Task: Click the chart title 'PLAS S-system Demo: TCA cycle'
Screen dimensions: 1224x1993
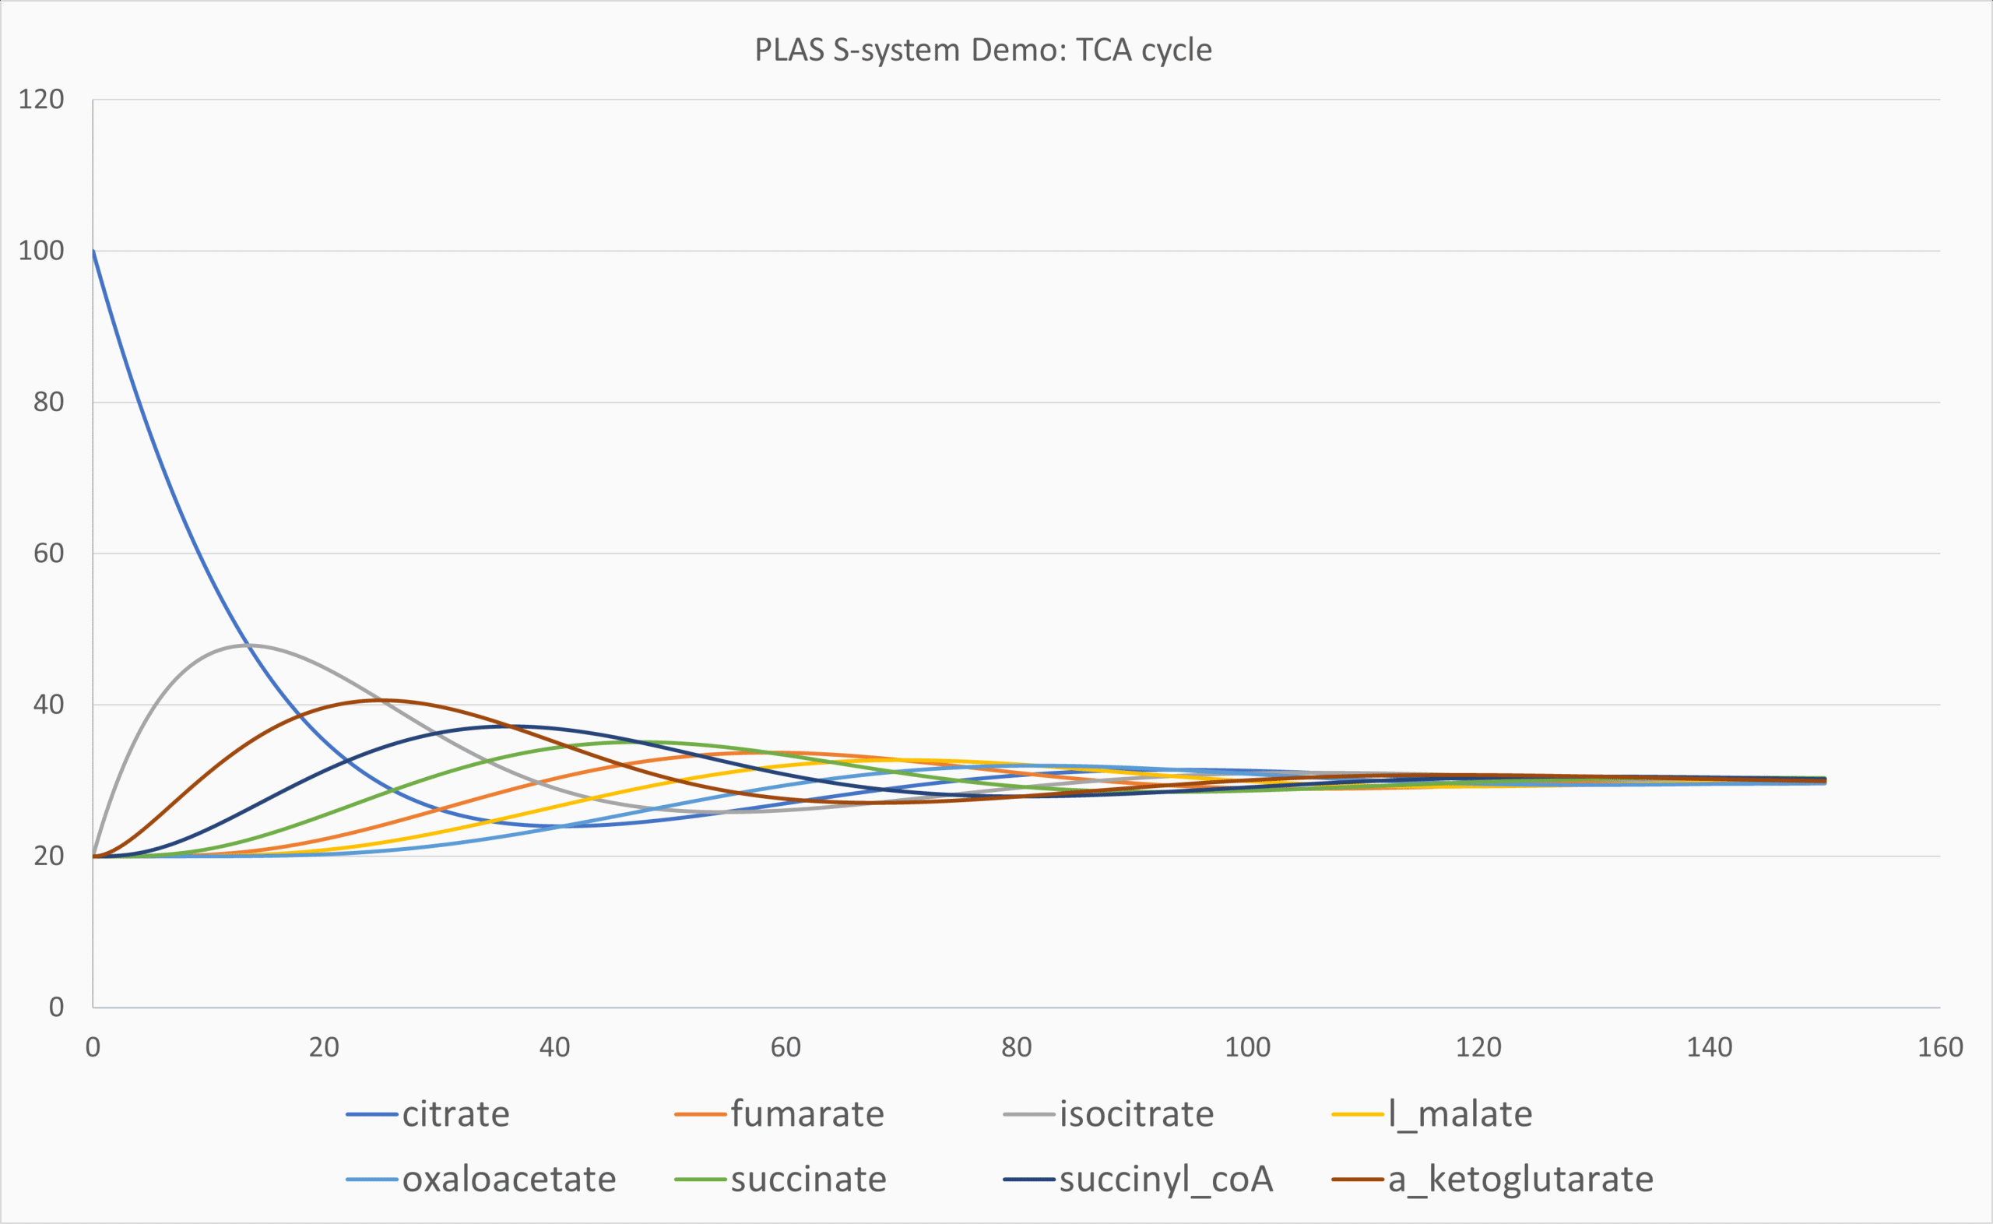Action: tap(983, 50)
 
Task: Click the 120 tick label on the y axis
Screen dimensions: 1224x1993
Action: tap(41, 100)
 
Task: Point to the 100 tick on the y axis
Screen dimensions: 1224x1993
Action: tap(41, 251)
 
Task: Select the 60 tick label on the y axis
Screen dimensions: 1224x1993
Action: tap(48, 554)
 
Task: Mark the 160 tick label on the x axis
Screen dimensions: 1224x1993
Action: tap(1939, 1047)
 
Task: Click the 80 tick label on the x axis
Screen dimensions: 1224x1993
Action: tap(1016, 1047)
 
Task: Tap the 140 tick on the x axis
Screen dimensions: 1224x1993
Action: tap(1709, 1047)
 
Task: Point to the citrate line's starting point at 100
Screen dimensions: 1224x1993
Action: tap(94, 251)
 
